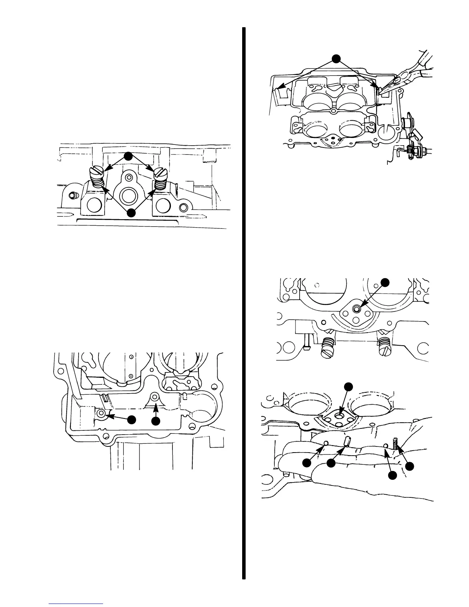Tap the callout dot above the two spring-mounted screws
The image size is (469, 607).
coord(129,156)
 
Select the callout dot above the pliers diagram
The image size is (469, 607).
coord(336,58)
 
